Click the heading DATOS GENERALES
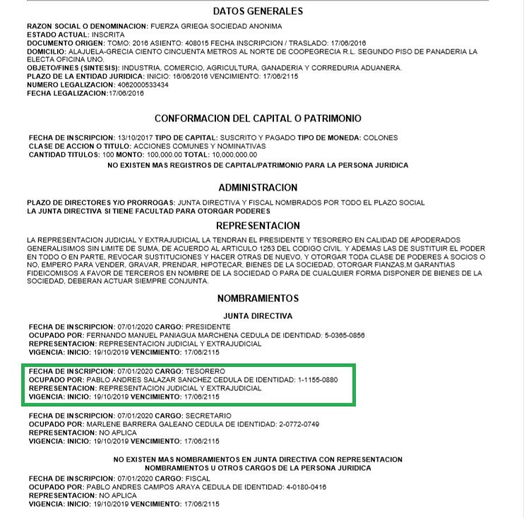(258, 11)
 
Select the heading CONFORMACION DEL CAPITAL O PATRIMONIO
(258, 119)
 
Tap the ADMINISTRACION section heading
(258, 188)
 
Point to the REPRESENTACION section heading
(258, 226)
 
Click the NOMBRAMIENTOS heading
(258, 299)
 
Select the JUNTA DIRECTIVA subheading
(258, 315)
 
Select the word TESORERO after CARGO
(205, 371)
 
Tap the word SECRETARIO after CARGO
(208, 416)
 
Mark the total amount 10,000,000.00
(232, 155)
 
